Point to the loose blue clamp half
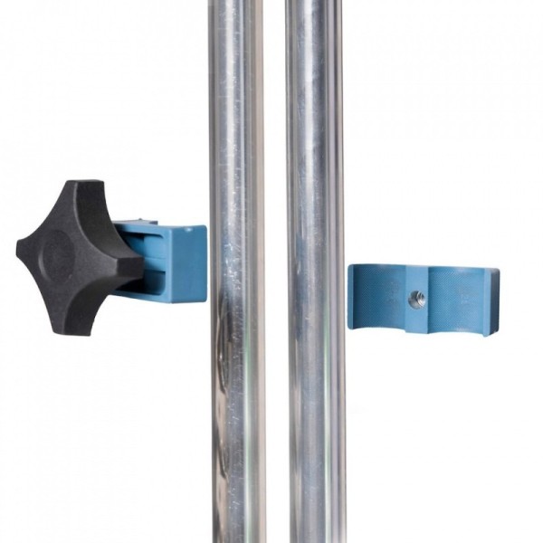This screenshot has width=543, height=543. coord(422,299)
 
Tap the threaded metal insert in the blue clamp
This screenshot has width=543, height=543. coord(415,299)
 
